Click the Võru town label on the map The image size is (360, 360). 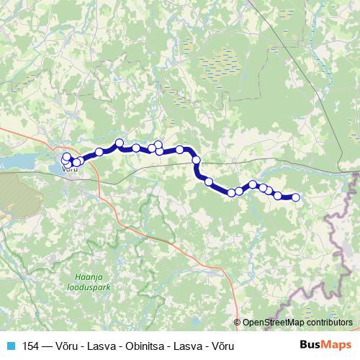pos(70,171)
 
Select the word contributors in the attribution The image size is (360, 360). pos(327,323)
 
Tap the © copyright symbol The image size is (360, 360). pos(237,323)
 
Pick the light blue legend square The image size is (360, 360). pos(9,346)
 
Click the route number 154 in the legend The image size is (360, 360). pos(32,346)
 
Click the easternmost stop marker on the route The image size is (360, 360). pos(294,197)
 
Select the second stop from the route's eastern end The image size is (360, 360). pos(278,195)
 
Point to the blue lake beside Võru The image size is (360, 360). pos(22,165)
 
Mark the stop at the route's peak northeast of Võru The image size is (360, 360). pos(120,143)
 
